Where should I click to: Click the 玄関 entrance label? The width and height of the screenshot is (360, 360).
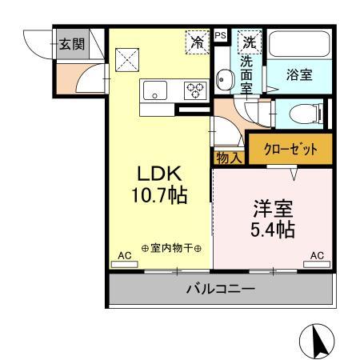[x=71, y=44]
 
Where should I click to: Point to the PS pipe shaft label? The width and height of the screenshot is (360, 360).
[x=220, y=35]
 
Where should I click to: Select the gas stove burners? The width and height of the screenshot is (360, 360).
[x=195, y=90]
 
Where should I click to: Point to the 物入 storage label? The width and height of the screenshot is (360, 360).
[x=229, y=157]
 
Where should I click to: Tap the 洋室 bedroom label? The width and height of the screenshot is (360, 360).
[x=272, y=210]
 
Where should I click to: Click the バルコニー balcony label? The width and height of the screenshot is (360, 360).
[x=221, y=288]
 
